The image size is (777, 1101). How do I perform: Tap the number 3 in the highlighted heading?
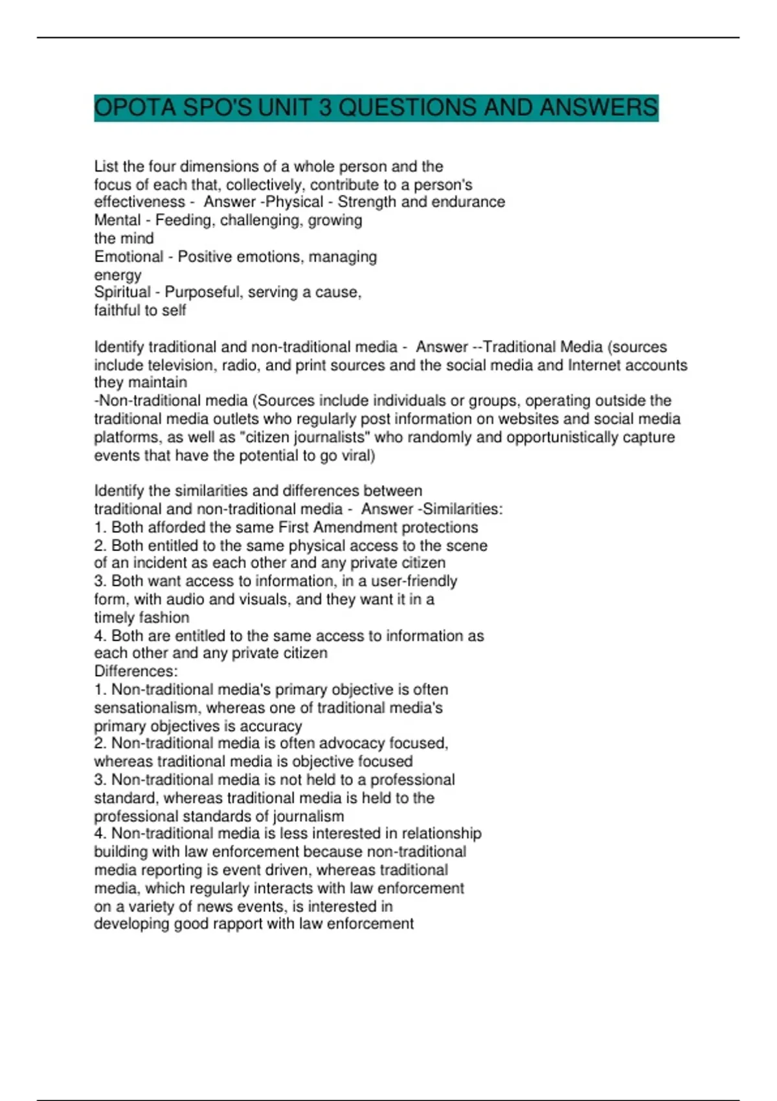point(324,108)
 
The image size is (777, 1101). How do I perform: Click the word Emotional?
point(129,256)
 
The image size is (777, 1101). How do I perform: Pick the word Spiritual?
point(122,292)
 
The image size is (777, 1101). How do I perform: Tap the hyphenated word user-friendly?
point(414,581)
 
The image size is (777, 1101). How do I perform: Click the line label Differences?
point(136,671)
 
